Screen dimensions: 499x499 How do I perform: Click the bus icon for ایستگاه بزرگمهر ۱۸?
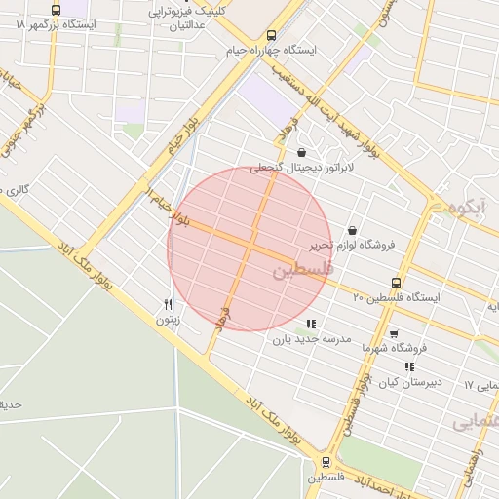coord(56,10)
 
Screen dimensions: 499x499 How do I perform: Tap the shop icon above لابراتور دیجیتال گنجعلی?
coord(301,152)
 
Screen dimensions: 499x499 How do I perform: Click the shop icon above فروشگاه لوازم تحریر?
coord(352,231)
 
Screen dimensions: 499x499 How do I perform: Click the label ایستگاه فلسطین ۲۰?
coord(396,296)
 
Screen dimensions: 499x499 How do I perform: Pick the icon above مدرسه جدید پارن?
coord(311,324)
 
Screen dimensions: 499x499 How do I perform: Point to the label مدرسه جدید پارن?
coord(310,339)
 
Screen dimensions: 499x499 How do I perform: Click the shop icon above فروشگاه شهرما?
coord(394,333)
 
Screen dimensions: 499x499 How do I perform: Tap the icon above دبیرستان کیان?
coord(409,367)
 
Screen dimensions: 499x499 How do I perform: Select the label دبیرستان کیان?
coord(409,382)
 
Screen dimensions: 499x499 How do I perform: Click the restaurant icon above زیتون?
coord(169,304)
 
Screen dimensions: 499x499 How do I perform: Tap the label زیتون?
coord(168,319)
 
